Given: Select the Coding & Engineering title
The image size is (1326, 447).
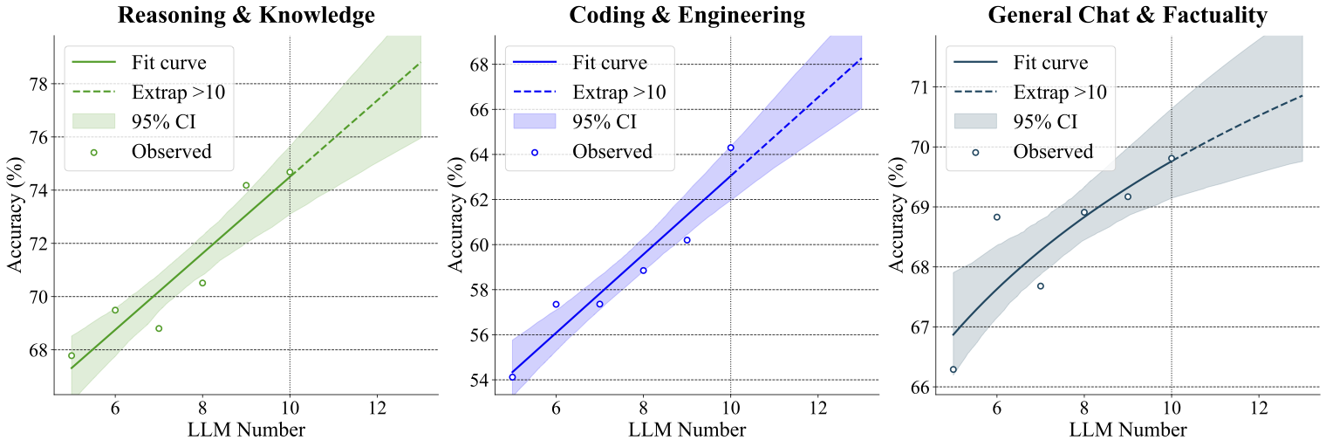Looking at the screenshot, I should (x=687, y=15).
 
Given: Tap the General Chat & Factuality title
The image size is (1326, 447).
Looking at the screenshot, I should (x=1128, y=15).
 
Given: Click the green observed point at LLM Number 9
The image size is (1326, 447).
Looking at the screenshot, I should (x=246, y=185).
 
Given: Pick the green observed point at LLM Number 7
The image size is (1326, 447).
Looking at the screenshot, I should (x=159, y=328).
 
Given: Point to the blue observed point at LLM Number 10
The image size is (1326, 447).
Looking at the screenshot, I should (x=730, y=148).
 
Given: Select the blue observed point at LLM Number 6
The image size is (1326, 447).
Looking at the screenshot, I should (x=556, y=305).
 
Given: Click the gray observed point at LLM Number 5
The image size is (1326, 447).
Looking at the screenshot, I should (x=953, y=369).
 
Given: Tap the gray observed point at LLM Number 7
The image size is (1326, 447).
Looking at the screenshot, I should (x=1040, y=285).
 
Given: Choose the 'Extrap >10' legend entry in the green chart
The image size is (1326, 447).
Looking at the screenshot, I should (x=178, y=92).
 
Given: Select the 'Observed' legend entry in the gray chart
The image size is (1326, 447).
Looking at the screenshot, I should (x=1053, y=151).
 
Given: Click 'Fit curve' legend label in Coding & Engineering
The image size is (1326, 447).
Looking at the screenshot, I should (x=610, y=62).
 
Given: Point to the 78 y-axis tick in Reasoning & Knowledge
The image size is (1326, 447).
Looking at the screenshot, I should (x=38, y=84).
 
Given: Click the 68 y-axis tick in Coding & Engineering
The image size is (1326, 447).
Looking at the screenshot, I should (x=478, y=65).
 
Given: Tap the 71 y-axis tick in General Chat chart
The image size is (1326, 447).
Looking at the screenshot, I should (x=919, y=87).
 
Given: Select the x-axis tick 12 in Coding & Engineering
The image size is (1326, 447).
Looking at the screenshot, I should (x=817, y=408).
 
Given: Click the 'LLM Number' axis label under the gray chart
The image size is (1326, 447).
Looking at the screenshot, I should (x=1127, y=430).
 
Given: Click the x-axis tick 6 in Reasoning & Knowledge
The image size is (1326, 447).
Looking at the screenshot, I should (x=115, y=408).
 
